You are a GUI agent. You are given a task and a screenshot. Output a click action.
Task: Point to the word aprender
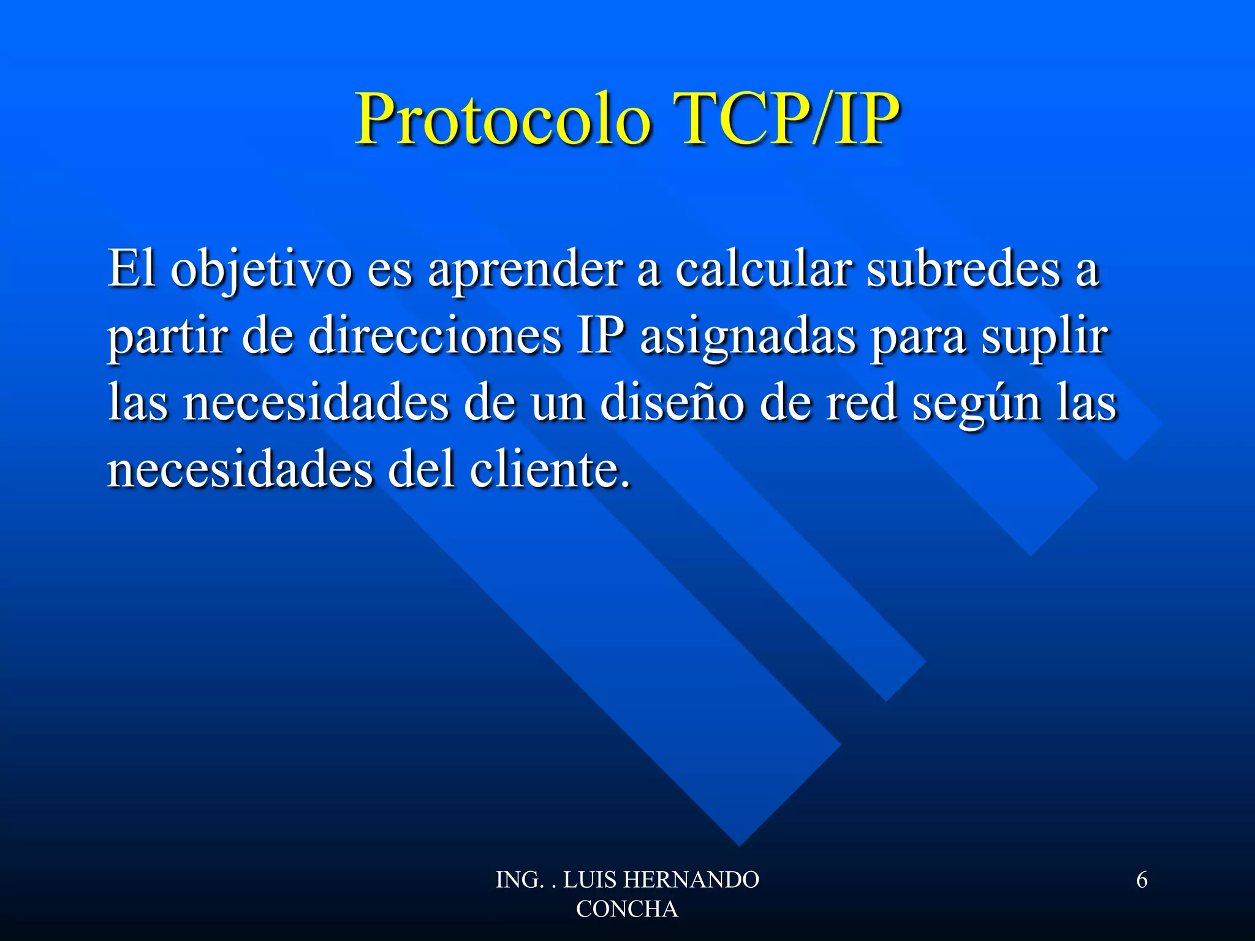525,270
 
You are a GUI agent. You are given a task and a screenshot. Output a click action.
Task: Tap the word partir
167,337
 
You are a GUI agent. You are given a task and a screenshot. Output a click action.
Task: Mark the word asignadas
748,337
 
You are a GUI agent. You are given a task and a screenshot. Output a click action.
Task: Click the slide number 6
1142,880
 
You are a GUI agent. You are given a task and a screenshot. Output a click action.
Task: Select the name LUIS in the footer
590,880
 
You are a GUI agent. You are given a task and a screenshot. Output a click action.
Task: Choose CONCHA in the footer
627,909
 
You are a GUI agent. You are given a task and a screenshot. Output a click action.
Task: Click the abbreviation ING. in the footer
519,880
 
